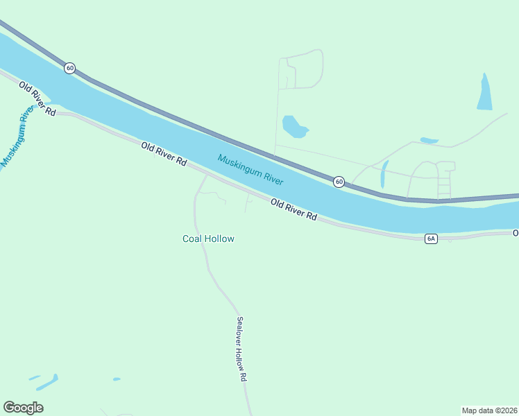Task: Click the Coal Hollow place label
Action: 208,239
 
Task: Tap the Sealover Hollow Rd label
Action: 241,349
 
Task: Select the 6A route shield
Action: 431,239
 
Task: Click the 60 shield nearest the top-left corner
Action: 69,68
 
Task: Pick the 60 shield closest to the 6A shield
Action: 339,182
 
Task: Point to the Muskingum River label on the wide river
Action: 250,169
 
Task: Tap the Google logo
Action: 23,407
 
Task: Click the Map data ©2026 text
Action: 490,410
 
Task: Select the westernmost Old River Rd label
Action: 37,98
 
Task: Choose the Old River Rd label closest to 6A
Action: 293,209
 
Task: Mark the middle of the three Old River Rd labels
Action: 164,153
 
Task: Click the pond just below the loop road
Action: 293,126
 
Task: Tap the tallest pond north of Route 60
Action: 484,93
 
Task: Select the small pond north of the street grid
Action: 429,141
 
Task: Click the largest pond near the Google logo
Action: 47,382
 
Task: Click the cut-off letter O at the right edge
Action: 516,233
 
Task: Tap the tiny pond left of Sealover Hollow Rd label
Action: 117,379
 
